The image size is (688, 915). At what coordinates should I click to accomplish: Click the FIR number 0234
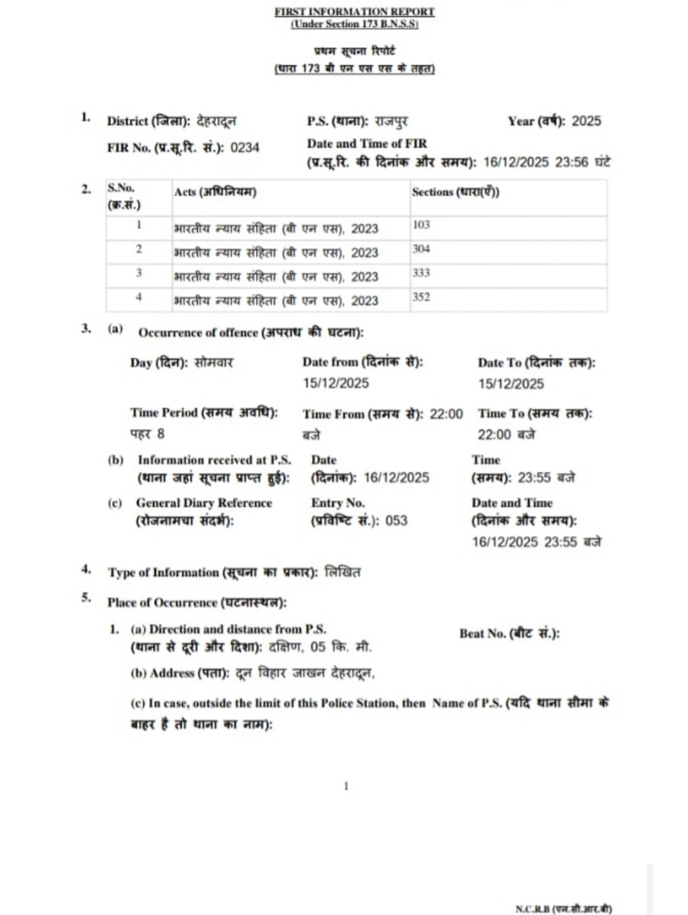[x=245, y=148]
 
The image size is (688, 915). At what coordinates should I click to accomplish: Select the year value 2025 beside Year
[x=586, y=121]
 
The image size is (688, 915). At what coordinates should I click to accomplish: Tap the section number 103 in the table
[x=421, y=225]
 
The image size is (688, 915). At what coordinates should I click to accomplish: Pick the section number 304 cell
[x=421, y=249]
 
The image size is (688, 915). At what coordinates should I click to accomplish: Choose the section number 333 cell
[x=421, y=273]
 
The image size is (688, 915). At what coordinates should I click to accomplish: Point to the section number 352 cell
[x=421, y=297]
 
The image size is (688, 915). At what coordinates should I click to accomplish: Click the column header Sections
[x=455, y=192]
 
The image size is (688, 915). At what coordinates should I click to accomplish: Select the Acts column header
[x=215, y=192]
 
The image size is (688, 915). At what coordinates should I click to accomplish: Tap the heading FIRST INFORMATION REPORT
[x=354, y=11]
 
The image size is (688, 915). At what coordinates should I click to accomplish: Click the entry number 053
[x=396, y=521]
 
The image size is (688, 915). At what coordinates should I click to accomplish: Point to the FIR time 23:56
[x=571, y=162]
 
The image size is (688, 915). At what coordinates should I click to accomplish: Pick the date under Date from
[x=336, y=384]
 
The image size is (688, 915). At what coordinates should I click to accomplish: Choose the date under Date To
[x=511, y=384]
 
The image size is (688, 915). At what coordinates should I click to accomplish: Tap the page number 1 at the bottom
[x=346, y=786]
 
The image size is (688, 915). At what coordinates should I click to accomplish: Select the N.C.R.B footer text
[x=563, y=909]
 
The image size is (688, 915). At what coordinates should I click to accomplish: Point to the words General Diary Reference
[x=204, y=503]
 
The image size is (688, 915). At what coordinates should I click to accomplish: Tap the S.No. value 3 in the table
[x=139, y=273]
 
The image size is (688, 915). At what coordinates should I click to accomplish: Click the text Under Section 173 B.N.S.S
[x=354, y=24]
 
